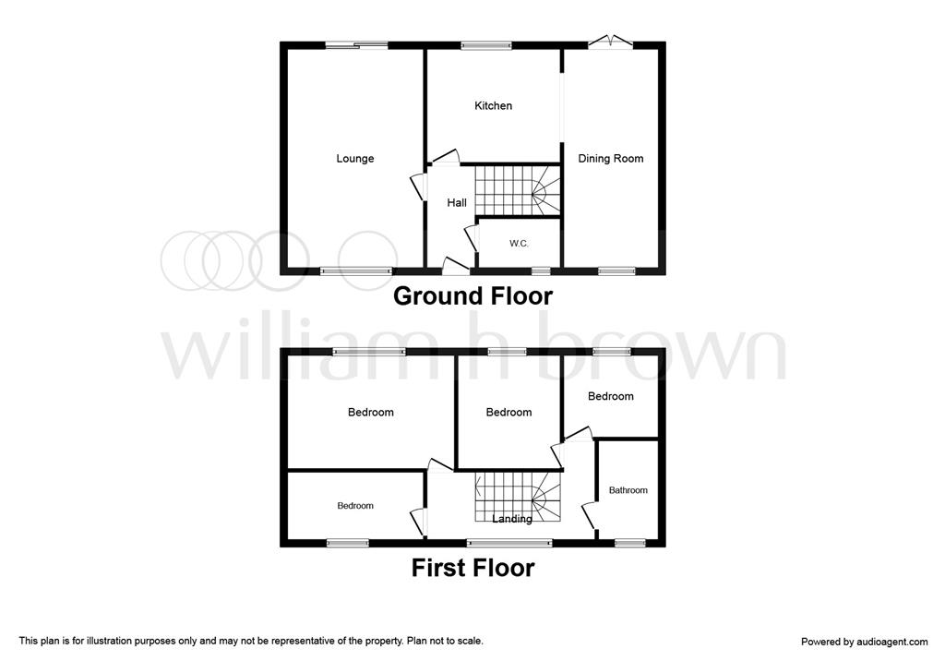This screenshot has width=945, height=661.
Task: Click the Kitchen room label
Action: click(493, 106)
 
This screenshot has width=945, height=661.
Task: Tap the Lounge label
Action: click(355, 159)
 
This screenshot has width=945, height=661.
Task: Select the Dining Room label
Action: click(611, 159)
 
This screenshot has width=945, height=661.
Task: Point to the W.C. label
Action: click(519, 244)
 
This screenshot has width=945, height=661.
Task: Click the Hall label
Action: click(457, 203)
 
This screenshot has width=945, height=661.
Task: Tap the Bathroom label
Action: click(628, 490)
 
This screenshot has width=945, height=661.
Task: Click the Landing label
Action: click(512, 519)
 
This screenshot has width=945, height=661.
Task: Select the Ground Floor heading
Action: click(473, 296)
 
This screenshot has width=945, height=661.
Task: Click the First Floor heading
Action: click(473, 568)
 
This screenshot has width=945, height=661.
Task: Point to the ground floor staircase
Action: click(518, 190)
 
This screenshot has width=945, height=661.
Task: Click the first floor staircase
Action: click(518, 497)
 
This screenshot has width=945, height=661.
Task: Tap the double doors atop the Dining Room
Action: click(611, 41)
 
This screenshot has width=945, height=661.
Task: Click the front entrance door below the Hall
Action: click(456, 265)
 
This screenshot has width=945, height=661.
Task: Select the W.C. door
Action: click(472, 237)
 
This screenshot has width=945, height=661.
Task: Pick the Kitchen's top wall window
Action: click(486, 45)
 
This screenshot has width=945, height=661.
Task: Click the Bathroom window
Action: click(629, 544)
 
